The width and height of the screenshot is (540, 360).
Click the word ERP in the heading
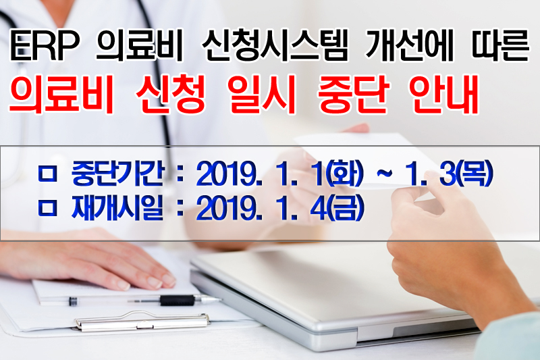point(45,45)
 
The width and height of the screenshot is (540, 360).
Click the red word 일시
point(262,93)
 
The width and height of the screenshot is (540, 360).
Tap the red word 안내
point(444,93)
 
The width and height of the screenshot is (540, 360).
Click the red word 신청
point(171,93)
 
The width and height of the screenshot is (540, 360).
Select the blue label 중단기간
point(117,174)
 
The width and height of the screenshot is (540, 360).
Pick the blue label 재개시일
point(117,208)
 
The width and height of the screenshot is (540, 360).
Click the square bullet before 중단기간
point(47,174)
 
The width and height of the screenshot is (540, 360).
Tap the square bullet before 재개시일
point(47,208)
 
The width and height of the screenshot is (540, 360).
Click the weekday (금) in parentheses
point(345,208)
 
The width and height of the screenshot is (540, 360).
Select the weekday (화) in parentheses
point(345,174)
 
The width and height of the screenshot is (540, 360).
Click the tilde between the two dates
point(385,174)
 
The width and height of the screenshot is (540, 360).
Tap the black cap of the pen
point(177,301)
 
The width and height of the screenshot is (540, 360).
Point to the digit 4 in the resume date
point(318,209)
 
